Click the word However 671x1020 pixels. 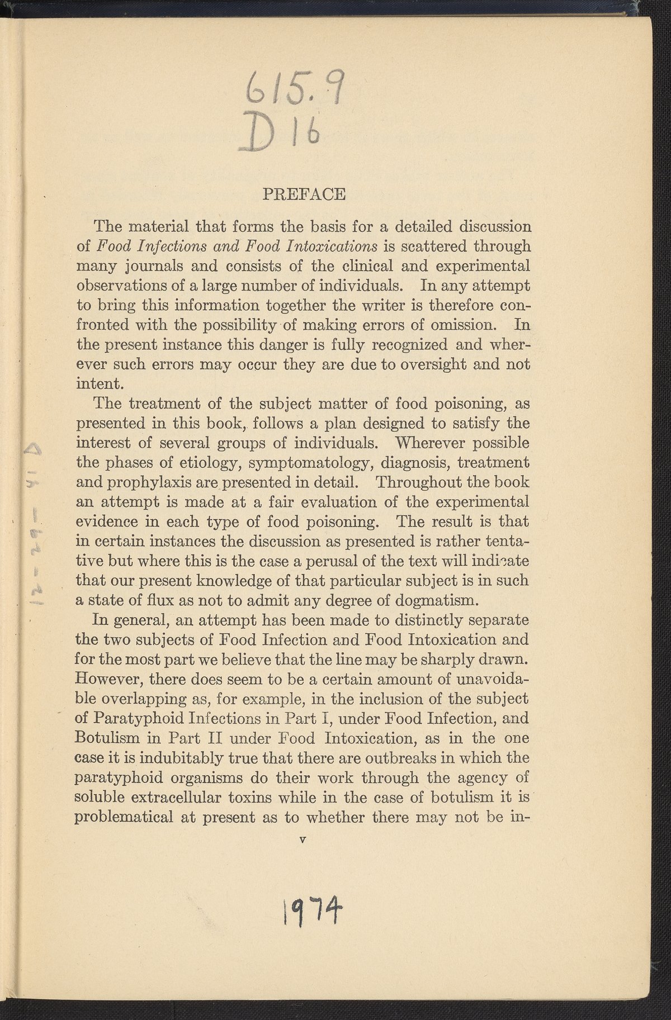point(110,680)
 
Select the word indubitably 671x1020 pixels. point(185,758)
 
